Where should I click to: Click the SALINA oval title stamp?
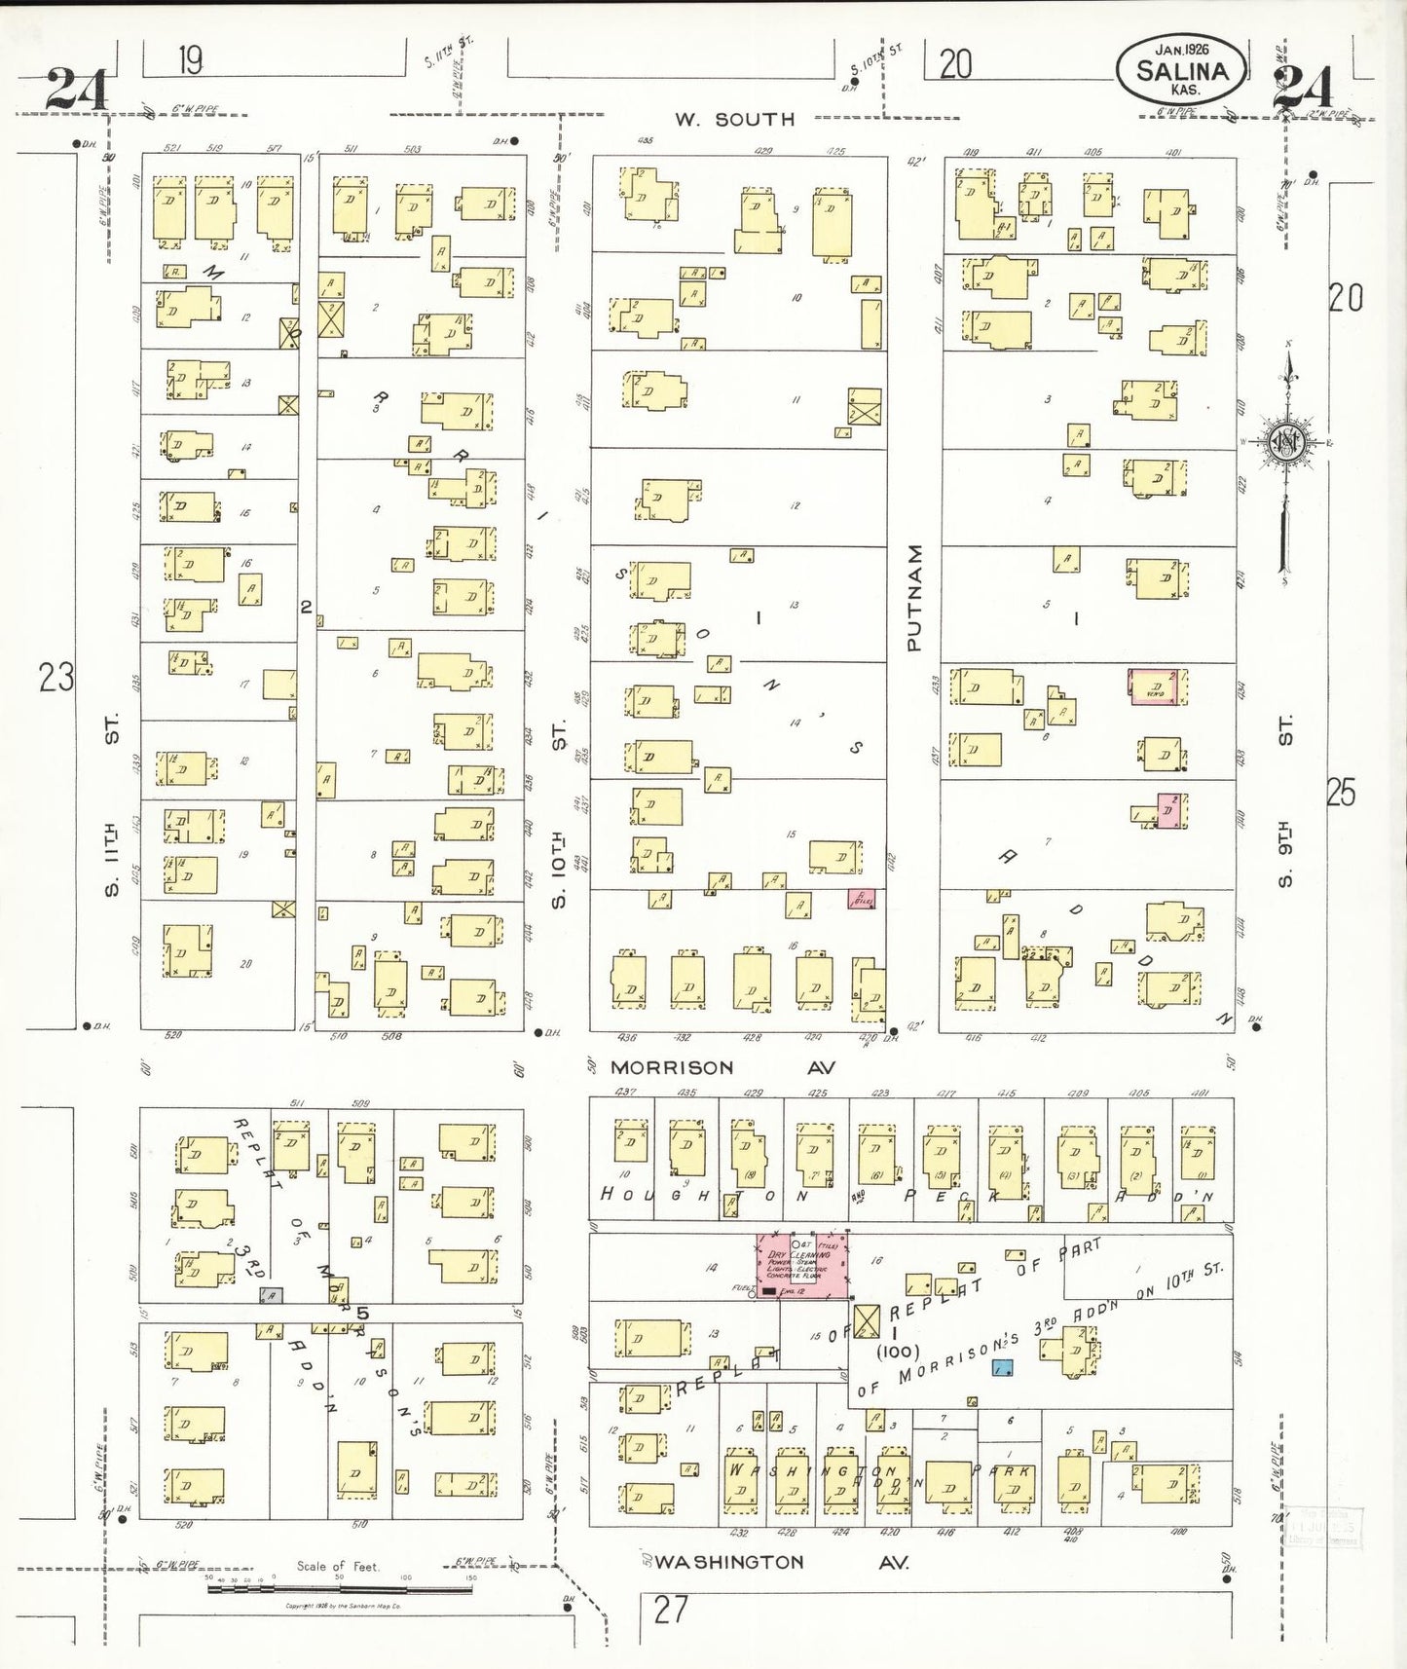1181,69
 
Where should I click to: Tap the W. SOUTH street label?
735,120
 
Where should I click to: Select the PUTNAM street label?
913,597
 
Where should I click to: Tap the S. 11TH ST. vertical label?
112,804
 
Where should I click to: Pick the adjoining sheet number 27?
670,1609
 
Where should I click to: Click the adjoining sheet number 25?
1341,794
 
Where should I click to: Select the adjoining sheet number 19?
190,62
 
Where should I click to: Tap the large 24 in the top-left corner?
75,90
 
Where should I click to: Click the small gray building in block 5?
271,1294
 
